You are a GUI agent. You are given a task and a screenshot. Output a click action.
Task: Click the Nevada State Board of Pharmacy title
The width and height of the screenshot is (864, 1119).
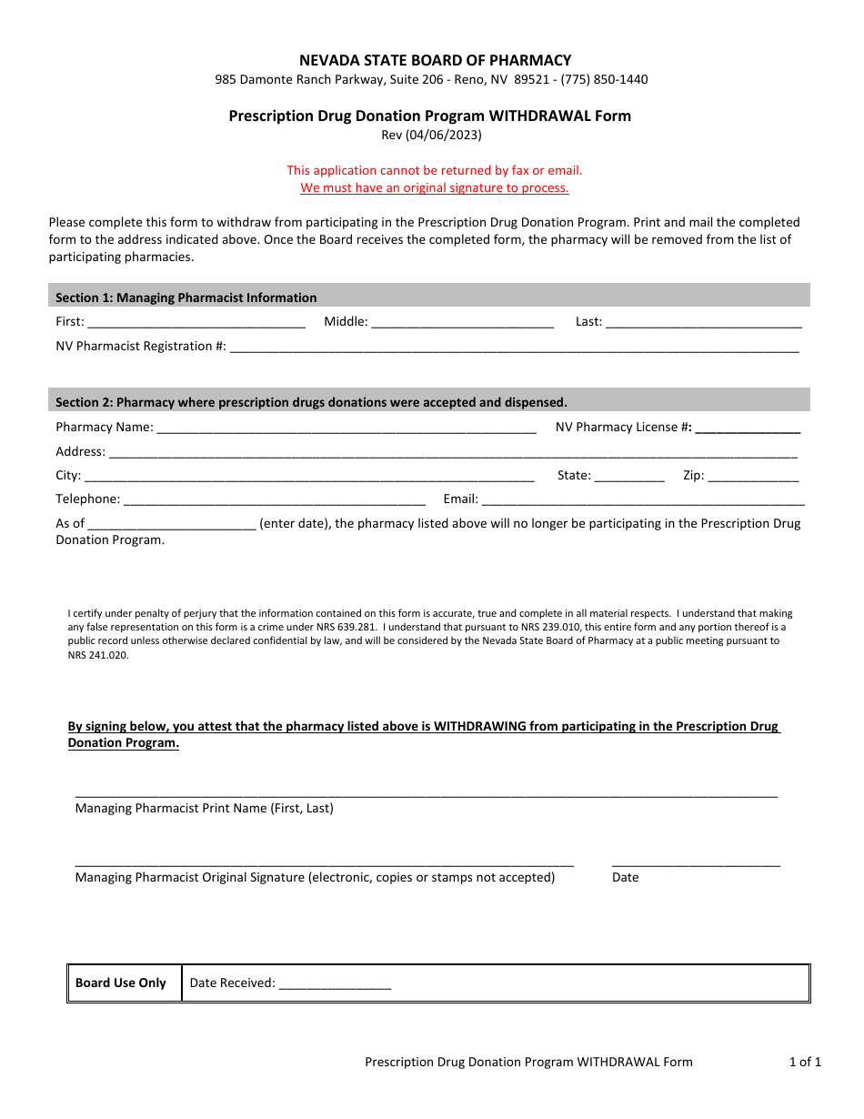pyautogui.click(x=436, y=60)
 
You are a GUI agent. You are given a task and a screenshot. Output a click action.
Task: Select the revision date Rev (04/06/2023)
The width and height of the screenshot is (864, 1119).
pyautogui.click(x=431, y=135)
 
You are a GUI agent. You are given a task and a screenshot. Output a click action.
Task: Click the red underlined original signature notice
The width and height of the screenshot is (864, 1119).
pyautogui.click(x=435, y=187)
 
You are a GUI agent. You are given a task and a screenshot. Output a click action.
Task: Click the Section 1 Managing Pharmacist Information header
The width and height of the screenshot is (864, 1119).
pyautogui.click(x=186, y=297)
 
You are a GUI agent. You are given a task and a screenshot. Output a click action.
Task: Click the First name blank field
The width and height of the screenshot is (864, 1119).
pyautogui.click(x=196, y=321)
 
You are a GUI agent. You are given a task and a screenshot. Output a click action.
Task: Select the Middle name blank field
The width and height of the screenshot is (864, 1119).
pyautogui.click(x=462, y=321)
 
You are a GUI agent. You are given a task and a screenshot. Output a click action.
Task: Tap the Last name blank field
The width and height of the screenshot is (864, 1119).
pyautogui.click(x=703, y=321)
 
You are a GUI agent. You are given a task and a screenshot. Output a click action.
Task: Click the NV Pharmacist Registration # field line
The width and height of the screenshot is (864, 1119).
pyautogui.click(x=514, y=346)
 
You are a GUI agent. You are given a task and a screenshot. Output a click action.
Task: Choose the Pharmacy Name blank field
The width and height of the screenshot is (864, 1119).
pyautogui.click(x=347, y=427)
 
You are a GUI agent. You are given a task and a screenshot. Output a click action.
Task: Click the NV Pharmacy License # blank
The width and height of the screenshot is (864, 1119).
pyautogui.click(x=748, y=427)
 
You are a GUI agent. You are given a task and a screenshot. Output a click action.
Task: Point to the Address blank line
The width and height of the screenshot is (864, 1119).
pyautogui.click(x=453, y=451)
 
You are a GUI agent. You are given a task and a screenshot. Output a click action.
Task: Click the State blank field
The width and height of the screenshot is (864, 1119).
pyautogui.click(x=629, y=475)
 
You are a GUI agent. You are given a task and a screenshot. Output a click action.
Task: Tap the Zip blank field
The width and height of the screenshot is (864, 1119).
pyautogui.click(x=753, y=475)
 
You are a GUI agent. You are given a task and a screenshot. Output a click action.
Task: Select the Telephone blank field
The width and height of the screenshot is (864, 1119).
pyautogui.click(x=274, y=499)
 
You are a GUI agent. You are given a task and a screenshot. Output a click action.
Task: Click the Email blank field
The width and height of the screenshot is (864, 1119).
pyautogui.click(x=643, y=499)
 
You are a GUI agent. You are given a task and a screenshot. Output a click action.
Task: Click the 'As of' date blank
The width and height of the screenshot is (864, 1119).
pyautogui.click(x=172, y=523)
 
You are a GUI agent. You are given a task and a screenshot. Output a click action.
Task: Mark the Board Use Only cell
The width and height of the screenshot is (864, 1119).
pyautogui.click(x=121, y=983)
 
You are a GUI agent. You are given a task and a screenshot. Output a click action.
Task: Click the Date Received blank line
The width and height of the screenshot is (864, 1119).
pyautogui.click(x=335, y=983)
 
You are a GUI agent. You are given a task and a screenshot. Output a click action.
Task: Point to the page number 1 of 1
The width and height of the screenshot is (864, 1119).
pyautogui.click(x=805, y=1062)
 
